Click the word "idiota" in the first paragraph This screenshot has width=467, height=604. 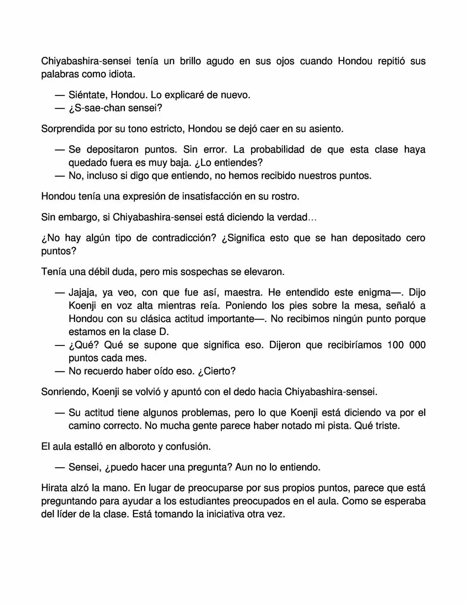[120, 74]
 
